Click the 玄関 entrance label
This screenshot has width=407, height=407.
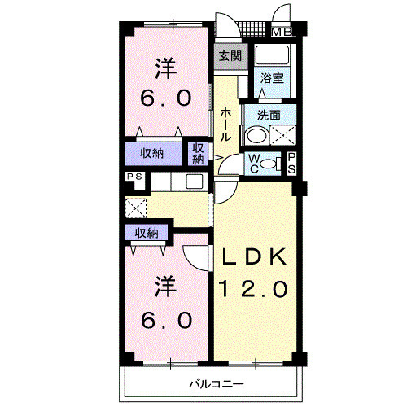230,56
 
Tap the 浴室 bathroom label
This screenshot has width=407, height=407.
272,78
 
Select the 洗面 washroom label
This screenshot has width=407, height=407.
269,116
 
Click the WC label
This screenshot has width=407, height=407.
253,164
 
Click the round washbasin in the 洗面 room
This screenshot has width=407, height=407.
256,136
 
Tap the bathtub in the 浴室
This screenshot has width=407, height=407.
272,55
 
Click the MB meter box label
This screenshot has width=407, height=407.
282,33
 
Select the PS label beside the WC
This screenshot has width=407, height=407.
291,163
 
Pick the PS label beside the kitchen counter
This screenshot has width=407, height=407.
134,177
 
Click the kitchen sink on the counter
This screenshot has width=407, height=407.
195,181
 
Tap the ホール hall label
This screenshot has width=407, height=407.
225,125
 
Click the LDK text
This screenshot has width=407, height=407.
254,256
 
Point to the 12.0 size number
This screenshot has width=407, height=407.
253,289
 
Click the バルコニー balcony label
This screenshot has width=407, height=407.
217,384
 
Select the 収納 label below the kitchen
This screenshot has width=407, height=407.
147,233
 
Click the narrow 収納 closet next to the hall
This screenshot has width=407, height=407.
198,154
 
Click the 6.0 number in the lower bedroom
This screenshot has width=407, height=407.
166,320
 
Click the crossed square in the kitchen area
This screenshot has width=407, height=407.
136,208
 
